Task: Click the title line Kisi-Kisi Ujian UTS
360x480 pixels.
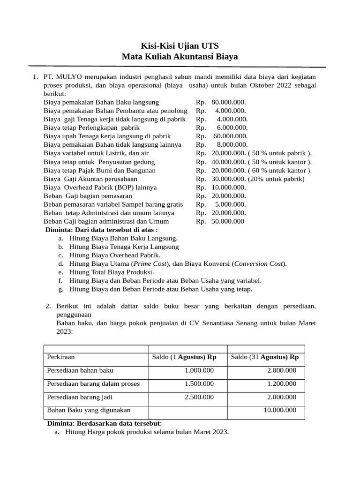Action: pyautogui.click(x=180, y=45)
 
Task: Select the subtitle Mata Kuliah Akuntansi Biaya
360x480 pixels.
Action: pyautogui.click(x=180, y=57)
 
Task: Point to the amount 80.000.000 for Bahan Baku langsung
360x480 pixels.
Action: pyautogui.click(x=228, y=102)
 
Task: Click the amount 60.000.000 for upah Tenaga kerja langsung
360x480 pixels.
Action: pyautogui.click(x=230, y=136)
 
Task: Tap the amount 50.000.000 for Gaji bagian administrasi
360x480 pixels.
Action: pyautogui.click(x=228, y=221)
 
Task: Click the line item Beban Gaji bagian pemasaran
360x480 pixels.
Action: pyautogui.click(x=88, y=195)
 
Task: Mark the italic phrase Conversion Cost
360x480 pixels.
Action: pyautogui.click(x=259, y=263)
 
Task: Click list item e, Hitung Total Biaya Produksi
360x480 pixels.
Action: pyautogui.click(x=111, y=272)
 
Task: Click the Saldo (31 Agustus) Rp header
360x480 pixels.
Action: pyautogui.click(x=265, y=357)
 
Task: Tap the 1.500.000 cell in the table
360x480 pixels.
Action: pyautogui.click(x=199, y=383)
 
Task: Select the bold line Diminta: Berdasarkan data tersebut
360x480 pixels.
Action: pyautogui.click(x=105, y=423)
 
